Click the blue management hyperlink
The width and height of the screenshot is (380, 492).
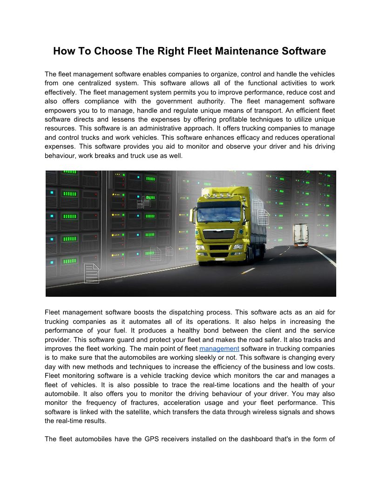[219, 348]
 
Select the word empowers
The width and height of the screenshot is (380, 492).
[63, 110]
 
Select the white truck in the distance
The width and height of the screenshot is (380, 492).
[300, 235]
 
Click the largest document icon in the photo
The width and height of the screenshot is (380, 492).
[91, 273]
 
